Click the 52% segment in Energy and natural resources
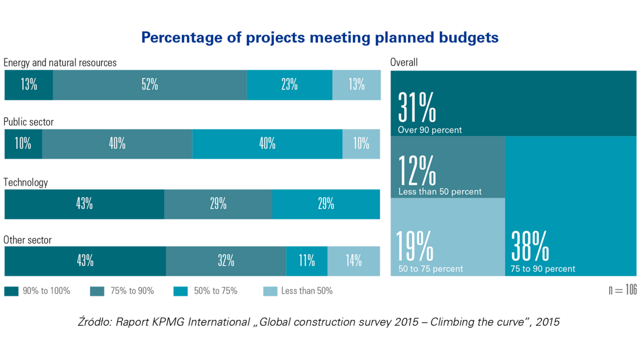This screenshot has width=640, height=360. pos(149,85)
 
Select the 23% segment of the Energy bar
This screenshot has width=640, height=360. pos(289,85)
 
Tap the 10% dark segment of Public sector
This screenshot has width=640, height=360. pos(23,143)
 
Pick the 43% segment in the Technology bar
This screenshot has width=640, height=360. pos(84,204)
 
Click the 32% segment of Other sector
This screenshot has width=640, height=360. pos(226,261)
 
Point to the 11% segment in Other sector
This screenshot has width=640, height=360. pos(307,261)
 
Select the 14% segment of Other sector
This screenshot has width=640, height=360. pos(354,261)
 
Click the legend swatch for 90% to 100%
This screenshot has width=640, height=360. pos(11,291)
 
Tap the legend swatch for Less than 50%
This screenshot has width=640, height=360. pos(270,291)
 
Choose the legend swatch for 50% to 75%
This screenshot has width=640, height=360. pos(180,291)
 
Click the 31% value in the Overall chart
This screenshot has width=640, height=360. pos(417,108)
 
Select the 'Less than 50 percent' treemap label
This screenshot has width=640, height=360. pos(440,191)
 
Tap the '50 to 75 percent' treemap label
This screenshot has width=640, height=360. pos(431,269)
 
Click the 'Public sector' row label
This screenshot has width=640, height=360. pos(29,122)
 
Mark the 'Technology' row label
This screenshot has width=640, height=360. pos(26,182)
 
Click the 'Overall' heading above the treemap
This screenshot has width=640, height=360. pos(404,62)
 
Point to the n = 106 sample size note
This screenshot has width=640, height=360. pos(622,290)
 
